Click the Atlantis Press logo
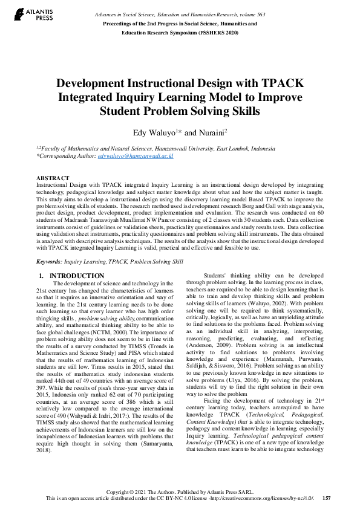pyautogui.click(x=36, y=13)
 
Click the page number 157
pyautogui.click(x=327, y=498)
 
